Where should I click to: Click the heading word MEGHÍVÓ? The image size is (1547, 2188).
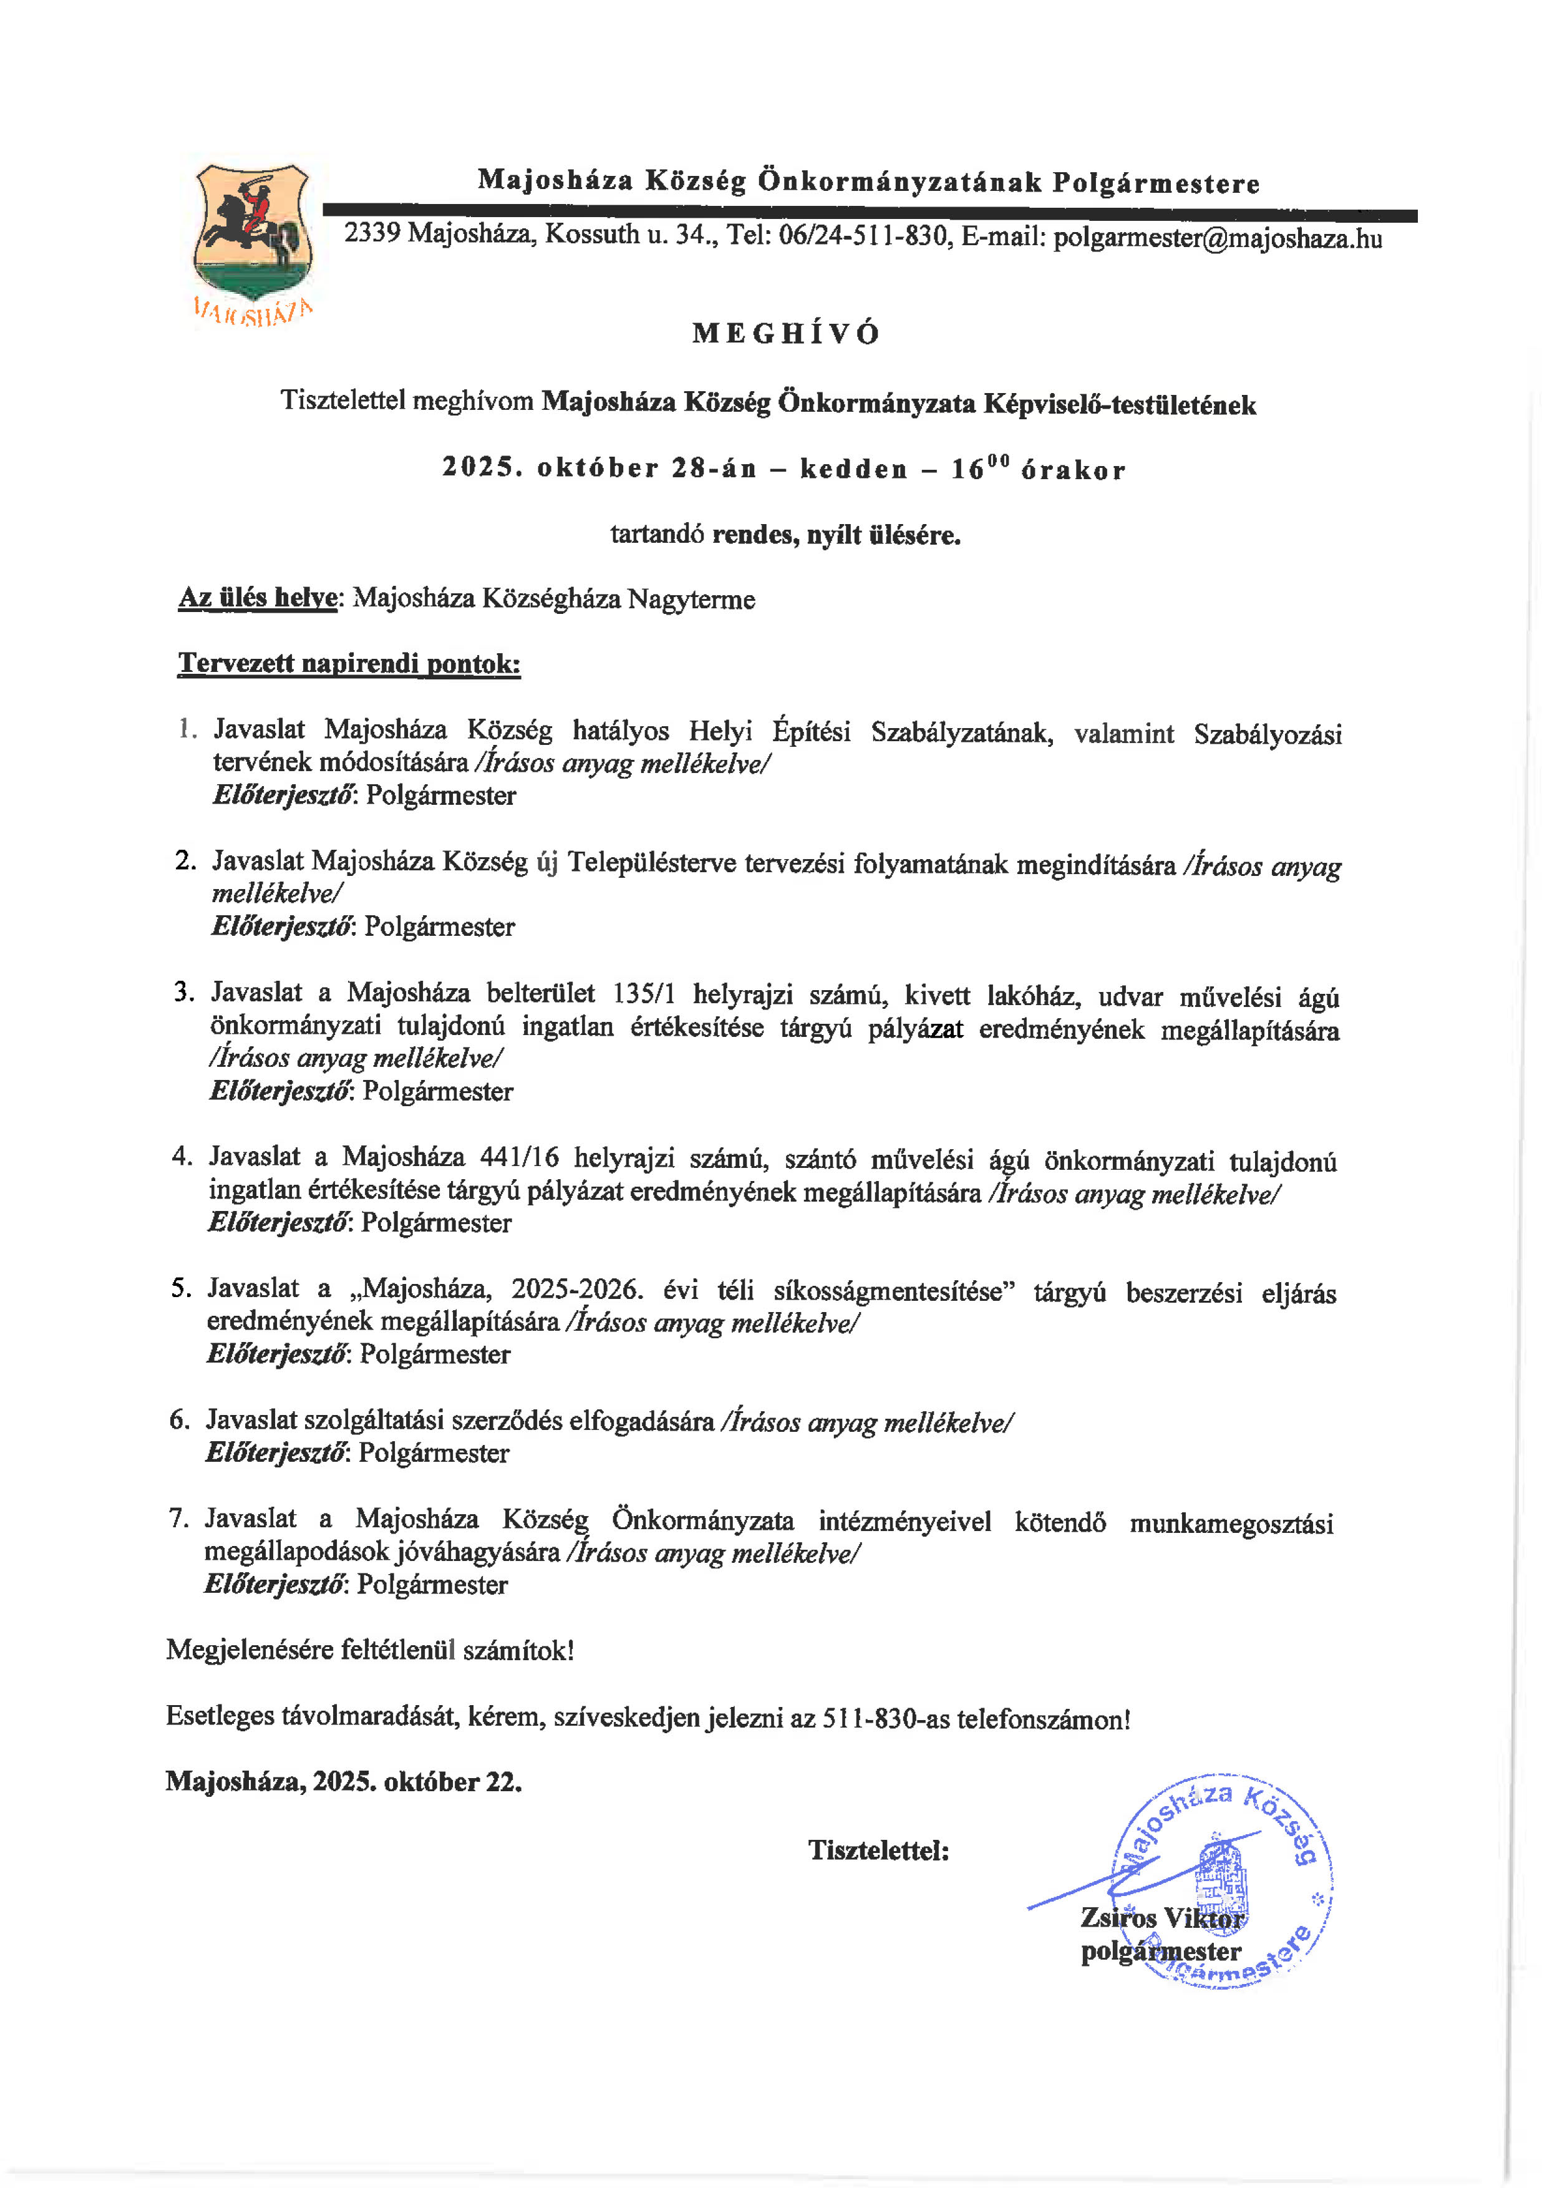(x=786, y=334)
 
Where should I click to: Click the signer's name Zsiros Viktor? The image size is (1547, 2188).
(x=1161, y=1917)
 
